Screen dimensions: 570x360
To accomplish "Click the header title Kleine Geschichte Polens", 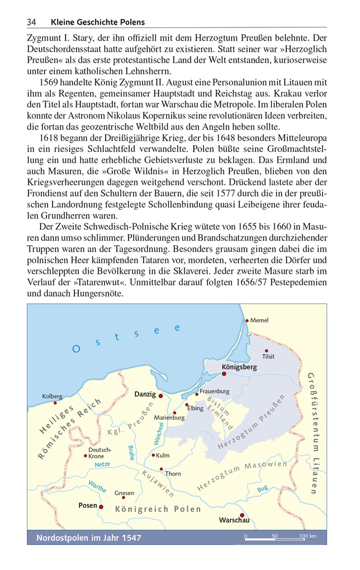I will click(x=97, y=22).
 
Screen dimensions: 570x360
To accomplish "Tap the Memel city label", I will click(x=259, y=320).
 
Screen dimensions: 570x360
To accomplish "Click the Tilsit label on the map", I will click(x=268, y=357).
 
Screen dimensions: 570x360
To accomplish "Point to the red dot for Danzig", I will click(x=161, y=395).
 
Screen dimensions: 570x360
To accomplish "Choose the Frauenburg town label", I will click(x=215, y=391).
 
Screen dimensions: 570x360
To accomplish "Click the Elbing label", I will click(x=195, y=408).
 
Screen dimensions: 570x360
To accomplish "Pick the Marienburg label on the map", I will click(x=169, y=417).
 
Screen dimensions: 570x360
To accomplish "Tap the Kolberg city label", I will click(x=52, y=396).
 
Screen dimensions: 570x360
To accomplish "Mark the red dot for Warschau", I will click(x=242, y=515).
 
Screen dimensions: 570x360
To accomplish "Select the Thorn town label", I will click(x=173, y=473).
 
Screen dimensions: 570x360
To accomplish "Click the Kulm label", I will click(x=163, y=455).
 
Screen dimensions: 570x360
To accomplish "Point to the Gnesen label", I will click(x=124, y=493).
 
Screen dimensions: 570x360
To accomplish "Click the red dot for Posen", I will click(x=101, y=506).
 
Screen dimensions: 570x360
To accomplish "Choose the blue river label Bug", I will click(x=262, y=489).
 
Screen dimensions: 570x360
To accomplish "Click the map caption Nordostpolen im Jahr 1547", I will click(x=88, y=538).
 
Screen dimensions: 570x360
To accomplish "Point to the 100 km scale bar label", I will click(x=308, y=536).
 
